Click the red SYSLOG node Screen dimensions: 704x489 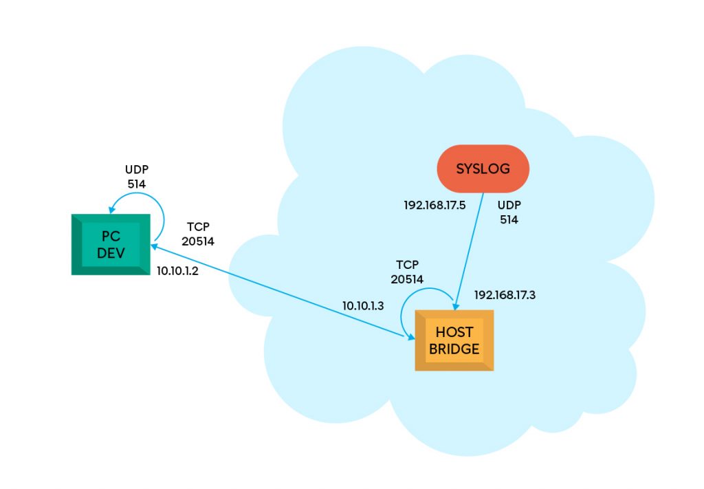point(483,169)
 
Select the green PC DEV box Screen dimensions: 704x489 point(111,244)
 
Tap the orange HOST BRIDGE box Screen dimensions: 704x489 point(454,340)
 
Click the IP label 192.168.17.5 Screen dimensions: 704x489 point(434,205)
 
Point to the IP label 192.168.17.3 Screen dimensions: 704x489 point(505,295)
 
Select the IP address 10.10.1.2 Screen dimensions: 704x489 point(177,271)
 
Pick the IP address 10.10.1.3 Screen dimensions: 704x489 point(363,306)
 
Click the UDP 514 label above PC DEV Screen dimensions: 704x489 point(137,177)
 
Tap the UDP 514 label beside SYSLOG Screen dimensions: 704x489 point(509,213)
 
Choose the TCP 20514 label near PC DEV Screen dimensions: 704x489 point(198,234)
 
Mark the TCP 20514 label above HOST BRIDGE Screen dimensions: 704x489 point(407,272)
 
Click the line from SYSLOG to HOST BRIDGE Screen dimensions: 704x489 point(469,252)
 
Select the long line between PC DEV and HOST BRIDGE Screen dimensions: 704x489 point(283,292)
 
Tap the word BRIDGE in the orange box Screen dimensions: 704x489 point(454,349)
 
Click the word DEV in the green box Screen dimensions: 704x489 point(111,253)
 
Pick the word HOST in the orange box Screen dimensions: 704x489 point(454,332)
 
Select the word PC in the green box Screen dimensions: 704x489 point(111,236)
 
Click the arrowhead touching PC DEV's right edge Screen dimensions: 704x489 point(153,246)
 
